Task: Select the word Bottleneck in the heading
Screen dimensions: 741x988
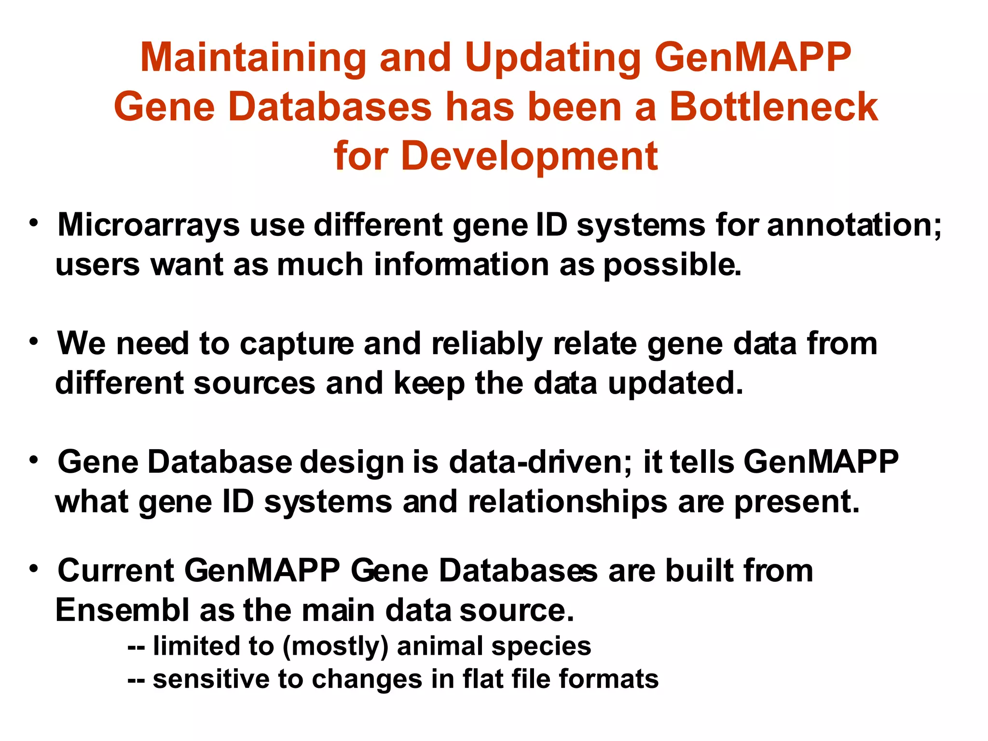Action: click(x=773, y=107)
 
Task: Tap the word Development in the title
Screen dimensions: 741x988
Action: click(x=529, y=156)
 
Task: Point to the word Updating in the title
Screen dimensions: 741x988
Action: click(x=553, y=58)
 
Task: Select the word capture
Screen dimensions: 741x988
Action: click(x=297, y=344)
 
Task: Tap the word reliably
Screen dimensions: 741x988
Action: click(x=487, y=344)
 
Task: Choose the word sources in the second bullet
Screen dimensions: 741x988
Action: click(x=254, y=384)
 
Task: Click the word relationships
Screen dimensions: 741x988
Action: click(x=568, y=502)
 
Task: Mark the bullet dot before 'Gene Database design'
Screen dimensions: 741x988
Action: click(x=33, y=460)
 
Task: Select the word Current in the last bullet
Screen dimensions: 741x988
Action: click(x=116, y=571)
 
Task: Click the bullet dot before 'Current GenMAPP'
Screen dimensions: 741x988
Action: click(x=33, y=569)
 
